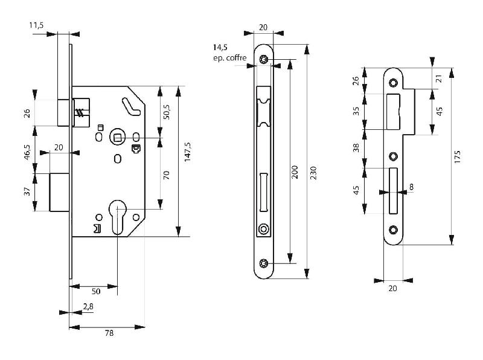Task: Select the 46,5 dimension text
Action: click(27, 150)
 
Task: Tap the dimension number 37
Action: click(27, 193)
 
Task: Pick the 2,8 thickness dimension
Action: click(88, 307)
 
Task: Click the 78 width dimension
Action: click(108, 333)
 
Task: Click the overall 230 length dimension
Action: click(313, 174)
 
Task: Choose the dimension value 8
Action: click(411, 187)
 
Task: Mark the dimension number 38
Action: click(356, 147)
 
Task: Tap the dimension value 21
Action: click(439, 77)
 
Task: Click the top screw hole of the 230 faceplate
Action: click(264, 59)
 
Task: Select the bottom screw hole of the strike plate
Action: click(393, 229)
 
